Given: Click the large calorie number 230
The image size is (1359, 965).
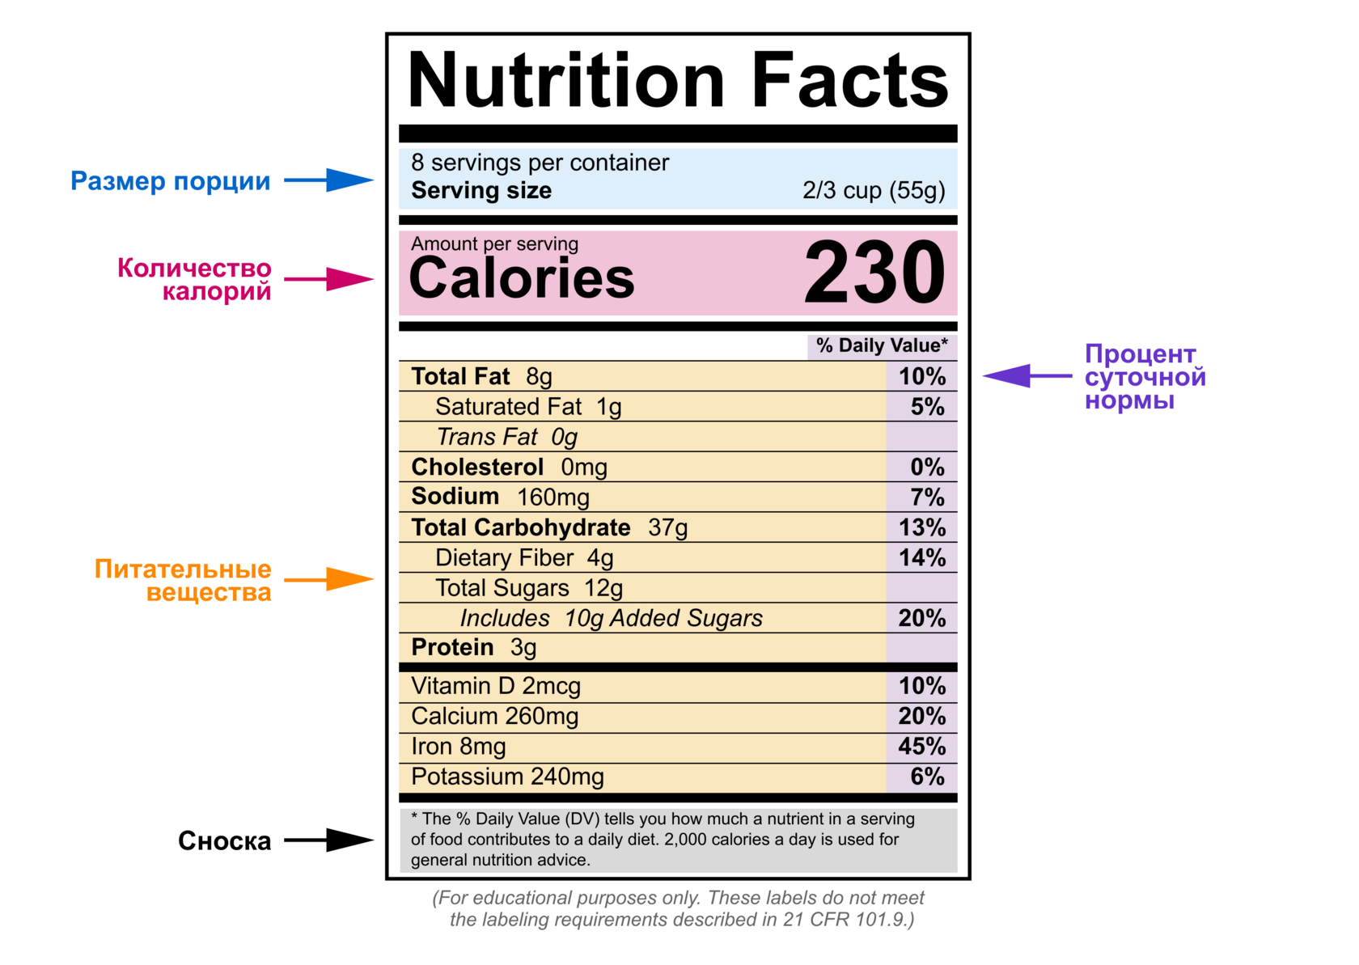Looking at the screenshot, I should [x=874, y=273].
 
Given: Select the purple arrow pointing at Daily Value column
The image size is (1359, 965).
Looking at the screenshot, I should [x=1026, y=376].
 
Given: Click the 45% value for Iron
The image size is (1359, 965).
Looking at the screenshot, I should [x=921, y=747].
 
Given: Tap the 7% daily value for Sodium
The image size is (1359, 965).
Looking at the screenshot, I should [x=927, y=497].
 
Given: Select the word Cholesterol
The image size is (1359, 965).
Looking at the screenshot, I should [x=477, y=468].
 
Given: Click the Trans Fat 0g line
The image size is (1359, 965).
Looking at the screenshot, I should [x=507, y=438].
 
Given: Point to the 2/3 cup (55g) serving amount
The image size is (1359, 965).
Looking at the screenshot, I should [x=874, y=191].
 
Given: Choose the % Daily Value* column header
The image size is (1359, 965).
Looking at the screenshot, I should [x=882, y=346].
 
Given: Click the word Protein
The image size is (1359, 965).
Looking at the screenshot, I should [x=452, y=648].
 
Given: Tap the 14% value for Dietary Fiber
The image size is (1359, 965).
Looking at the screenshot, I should [x=921, y=558].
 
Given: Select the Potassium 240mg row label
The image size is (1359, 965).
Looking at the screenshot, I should [x=507, y=777].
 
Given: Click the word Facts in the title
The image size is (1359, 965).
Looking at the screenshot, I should [x=849, y=81].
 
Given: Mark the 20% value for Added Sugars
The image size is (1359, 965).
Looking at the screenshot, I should [x=921, y=619].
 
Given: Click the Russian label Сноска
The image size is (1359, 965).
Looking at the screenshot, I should [x=224, y=841].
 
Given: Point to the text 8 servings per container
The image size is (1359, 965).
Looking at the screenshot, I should [x=540, y=163].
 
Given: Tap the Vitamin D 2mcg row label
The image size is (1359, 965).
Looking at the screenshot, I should [x=496, y=687].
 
